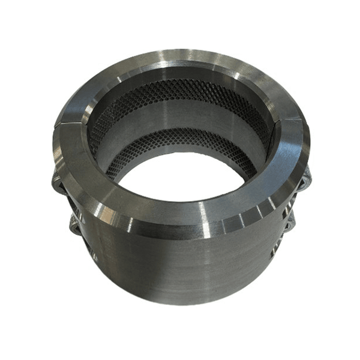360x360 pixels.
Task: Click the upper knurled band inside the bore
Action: [180, 93]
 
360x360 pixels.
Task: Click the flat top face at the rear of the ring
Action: [180, 63]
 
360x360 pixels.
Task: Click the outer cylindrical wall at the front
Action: [180, 264]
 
